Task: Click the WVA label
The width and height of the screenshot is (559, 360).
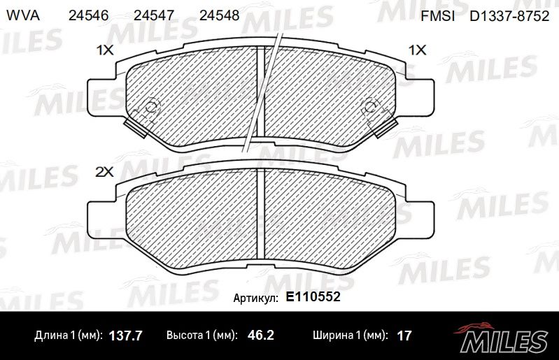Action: pyautogui.click(x=23, y=15)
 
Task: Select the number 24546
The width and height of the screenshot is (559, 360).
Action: pyautogui.click(x=88, y=15)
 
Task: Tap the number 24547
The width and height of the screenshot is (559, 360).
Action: pyautogui.click(x=154, y=15)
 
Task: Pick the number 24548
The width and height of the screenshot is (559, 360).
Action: pyautogui.click(x=219, y=15)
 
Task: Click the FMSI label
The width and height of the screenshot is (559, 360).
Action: pyautogui.click(x=438, y=16)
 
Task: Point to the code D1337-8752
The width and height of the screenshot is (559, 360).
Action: pyautogui.click(x=509, y=16)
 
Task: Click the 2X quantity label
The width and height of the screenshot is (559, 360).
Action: pyautogui.click(x=104, y=173)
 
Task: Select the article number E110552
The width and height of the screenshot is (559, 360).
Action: pyautogui.click(x=313, y=296)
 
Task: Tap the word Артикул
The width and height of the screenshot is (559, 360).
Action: pyautogui.click(x=255, y=298)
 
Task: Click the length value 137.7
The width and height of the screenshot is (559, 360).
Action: pyautogui.click(x=125, y=336)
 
